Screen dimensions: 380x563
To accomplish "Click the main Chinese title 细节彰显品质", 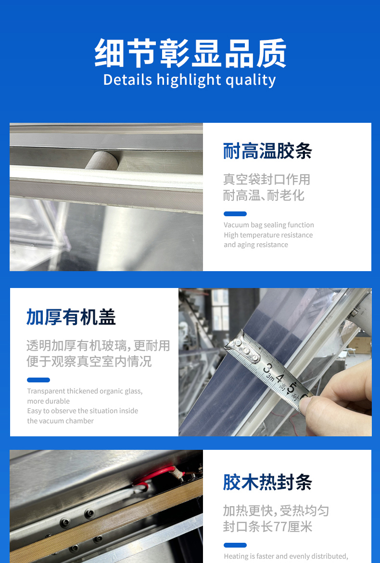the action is click(x=190, y=53).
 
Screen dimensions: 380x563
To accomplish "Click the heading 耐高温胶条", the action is click(x=267, y=151).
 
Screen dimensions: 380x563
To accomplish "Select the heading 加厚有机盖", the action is click(x=71, y=317).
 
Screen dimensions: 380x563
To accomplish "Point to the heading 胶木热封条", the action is click(x=267, y=482).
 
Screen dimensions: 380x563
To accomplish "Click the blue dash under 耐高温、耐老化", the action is click(x=235, y=214).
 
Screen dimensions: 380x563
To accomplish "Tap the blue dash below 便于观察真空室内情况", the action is click(x=38, y=380).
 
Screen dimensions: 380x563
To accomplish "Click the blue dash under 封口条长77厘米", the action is click(x=235, y=545).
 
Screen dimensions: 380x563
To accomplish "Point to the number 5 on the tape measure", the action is click(x=291, y=387).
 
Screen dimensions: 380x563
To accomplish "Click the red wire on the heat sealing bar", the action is click(x=158, y=473).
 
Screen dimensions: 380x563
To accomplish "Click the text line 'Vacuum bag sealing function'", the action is click(x=269, y=225).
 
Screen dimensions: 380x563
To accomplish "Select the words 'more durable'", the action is click(x=49, y=401).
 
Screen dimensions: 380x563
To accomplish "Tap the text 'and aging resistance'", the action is click(x=256, y=245).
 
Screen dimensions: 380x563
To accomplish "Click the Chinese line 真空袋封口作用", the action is click(x=266, y=179).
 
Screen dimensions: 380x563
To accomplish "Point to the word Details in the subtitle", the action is click(x=127, y=80).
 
